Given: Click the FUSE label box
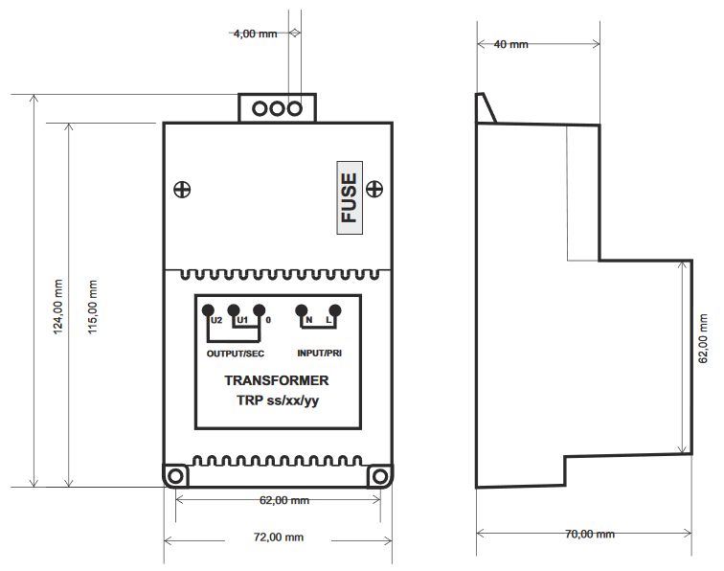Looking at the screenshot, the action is click(x=350, y=197).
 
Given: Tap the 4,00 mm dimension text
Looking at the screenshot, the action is click(x=256, y=34).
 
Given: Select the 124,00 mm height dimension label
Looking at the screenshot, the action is click(x=57, y=307).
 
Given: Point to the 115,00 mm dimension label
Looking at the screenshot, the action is click(x=92, y=307).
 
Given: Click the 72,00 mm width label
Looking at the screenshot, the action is click(x=279, y=537).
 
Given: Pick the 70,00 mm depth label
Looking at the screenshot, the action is click(x=590, y=534).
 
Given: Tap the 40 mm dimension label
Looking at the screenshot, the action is click(x=510, y=44).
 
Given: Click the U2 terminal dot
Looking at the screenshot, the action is click(x=208, y=310).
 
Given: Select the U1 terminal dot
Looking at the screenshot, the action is click(x=234, y=310).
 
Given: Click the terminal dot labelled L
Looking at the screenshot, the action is click(x=335, y=310).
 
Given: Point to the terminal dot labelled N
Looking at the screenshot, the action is click(x=301, y=310).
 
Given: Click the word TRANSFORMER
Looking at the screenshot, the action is click(x=277, y=380).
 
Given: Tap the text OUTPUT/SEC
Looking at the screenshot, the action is click(x=236, y=354).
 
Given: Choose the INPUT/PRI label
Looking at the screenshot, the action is click(x=320, y=354).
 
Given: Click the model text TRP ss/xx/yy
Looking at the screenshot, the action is click(x=278, y=400).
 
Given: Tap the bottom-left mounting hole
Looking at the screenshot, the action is click(x=176, y=476).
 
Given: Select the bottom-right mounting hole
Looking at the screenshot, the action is click(x=380, y=476).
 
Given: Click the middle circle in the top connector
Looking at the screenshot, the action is click(x=277, y=109).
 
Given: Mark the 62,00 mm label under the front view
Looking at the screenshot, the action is click(x=284, y=500).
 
